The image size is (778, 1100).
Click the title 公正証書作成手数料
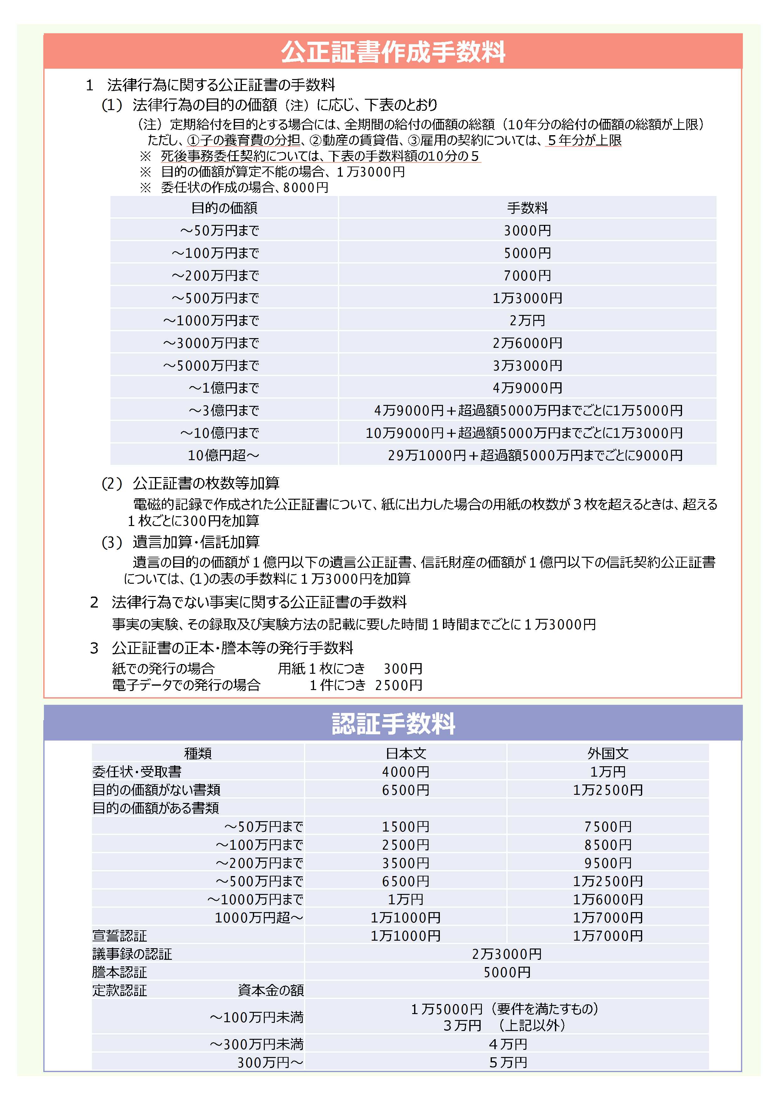click(x=393, y=52)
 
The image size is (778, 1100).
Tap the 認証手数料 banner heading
click(x=393, y=724)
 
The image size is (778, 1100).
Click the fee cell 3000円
click(x=527, y=231)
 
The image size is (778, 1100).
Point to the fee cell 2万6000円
click(x=527, y=343)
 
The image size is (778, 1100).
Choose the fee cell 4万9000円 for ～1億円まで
click(x=527, y=388)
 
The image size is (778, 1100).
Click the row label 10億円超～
click(x=223, y=455)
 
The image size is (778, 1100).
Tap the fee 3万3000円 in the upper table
click(x=527, y=365)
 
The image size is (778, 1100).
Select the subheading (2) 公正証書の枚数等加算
click(x=191, y=483)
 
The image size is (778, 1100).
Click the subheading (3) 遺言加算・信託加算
click(x=181, y=542)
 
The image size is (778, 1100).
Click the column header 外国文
click(x=607, y=754)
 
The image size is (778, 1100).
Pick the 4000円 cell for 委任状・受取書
click(x=405, y=772)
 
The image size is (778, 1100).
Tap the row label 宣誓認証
click(x=120, y=936)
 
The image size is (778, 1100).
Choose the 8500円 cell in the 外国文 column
click(x=607, y=845)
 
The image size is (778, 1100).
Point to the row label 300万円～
click(x=270, y=1063)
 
